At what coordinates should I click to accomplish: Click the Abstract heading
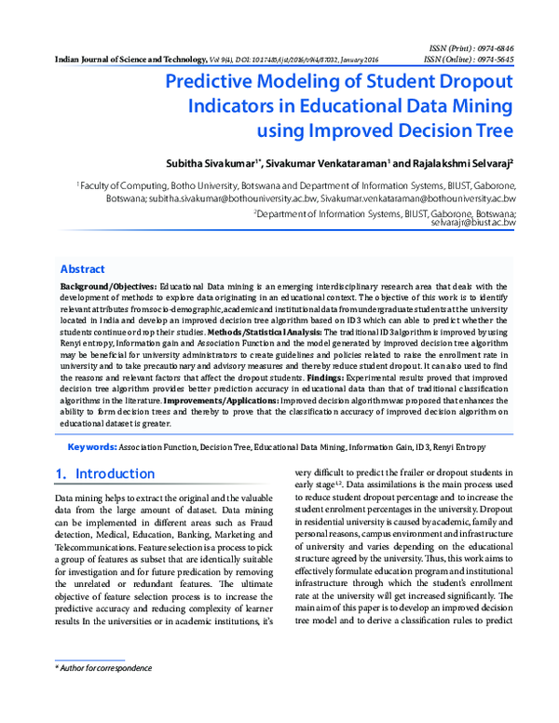point(82,268)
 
